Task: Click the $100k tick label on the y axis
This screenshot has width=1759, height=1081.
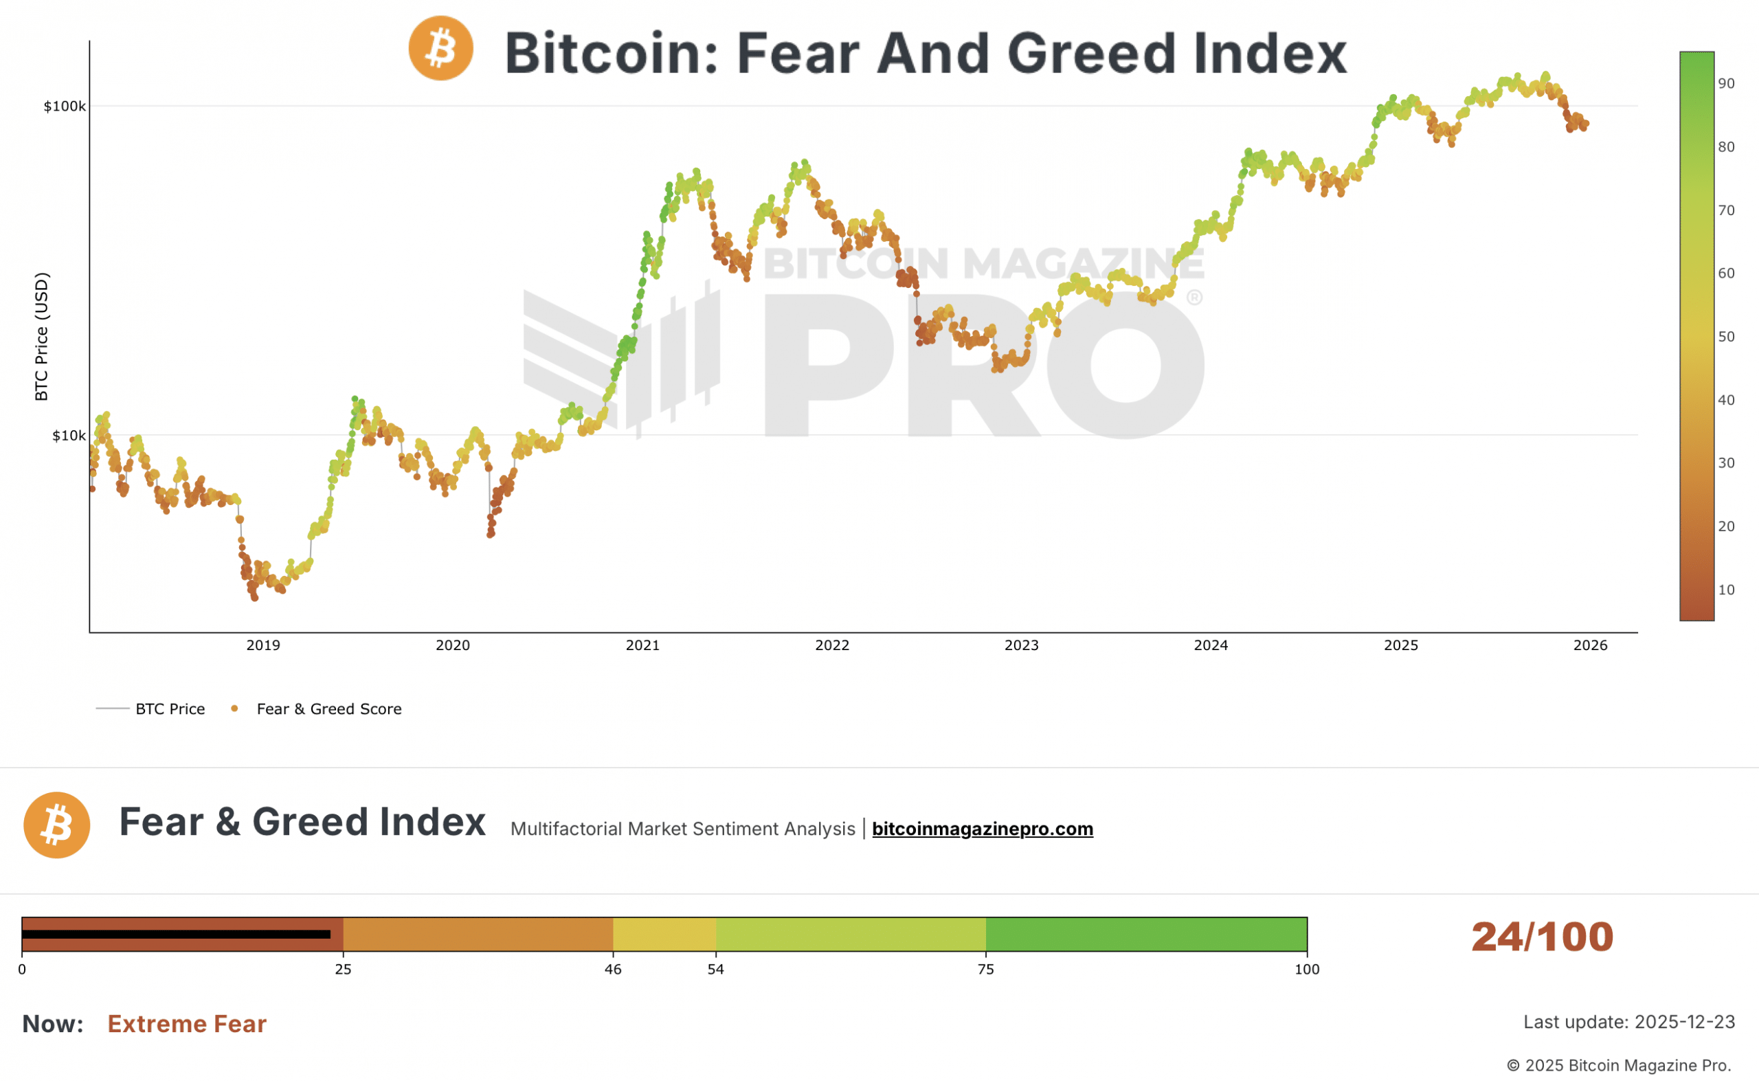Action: click(x=65, y=107)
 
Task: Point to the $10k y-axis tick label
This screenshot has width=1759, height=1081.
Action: click(x=69, y=436)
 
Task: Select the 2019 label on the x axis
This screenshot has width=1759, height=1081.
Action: click(x=263, y=645)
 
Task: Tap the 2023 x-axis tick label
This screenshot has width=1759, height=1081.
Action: click(x=1021, y=645)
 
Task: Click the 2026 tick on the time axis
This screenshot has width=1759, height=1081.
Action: click(x=1591, y=645)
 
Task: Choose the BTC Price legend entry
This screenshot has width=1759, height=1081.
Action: click(x=170, y=709)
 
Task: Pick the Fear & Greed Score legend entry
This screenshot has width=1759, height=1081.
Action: click(x=329, y=709)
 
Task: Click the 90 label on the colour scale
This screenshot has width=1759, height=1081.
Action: click(x=1726, y=84)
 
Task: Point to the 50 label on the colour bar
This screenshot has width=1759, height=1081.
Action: click(x=1726, y=337)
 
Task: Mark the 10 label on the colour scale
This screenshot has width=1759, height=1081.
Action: click(x=1726, y=590)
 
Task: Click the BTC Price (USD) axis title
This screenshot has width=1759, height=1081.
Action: click(x=41, y=336)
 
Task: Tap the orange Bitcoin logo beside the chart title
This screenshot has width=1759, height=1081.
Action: click(x=440, y=49)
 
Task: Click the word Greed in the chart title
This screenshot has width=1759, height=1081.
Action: click(x=1090, y=54)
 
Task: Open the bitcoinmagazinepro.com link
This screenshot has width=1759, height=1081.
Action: click(x=982, y=829)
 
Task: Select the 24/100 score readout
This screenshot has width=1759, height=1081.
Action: click(x=1542, y=937)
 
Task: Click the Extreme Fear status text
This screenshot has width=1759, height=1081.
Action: click(x=186, y=1024)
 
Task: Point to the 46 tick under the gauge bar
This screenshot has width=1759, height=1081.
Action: click(x=612, y=970)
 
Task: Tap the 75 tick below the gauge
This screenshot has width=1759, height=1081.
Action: click(x=985, y=970)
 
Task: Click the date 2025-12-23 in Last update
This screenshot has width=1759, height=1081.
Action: click(x=1684, y=1022)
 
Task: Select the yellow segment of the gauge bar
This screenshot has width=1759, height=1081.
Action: click(x=664, y=934)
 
